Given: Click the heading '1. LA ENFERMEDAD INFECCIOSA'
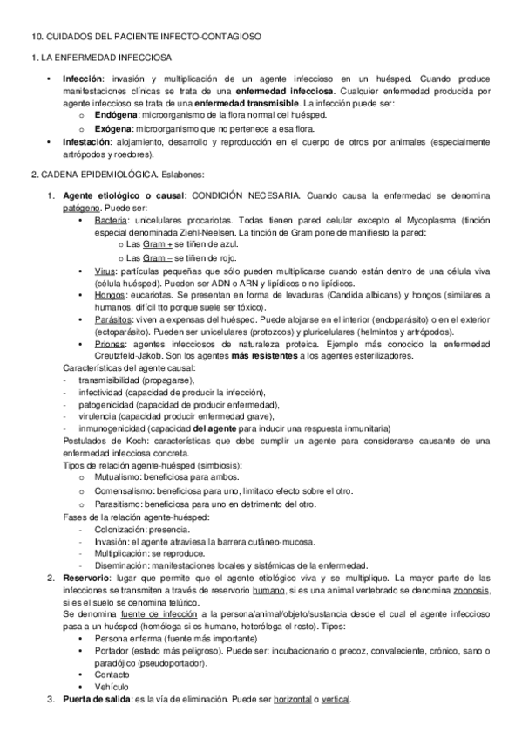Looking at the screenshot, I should [85, 56].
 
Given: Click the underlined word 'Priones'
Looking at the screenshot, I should [111, 346].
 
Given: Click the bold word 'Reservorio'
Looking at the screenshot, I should [85, 578].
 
